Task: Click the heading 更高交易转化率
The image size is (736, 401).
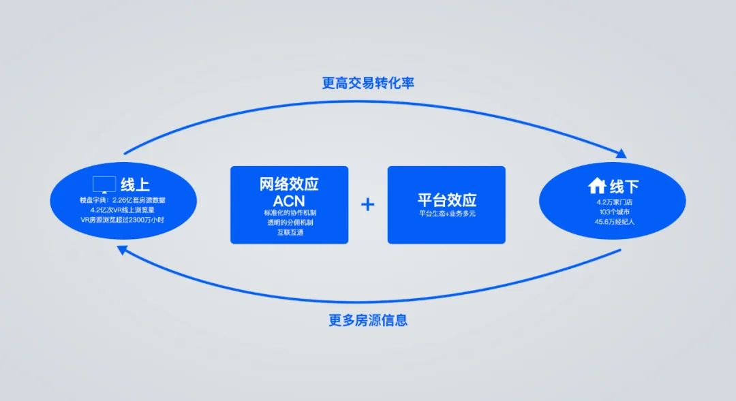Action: click(x=368, y=83)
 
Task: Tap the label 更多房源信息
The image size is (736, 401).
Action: click(x=368, y=321)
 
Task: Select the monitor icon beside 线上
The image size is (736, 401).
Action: click(x=104, y=185)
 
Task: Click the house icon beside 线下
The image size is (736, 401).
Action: click(x=597, y=186)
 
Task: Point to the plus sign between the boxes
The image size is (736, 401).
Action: click(x=368, y=204)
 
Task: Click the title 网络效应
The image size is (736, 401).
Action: click(x=289, y=184)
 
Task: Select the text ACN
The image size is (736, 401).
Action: click(x=289, y=202)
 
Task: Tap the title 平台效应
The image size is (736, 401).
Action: click(x=447, y=199)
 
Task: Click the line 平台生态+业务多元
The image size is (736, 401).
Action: click(x=447, y=213)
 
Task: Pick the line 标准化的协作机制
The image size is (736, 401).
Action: click(x=290, y=212)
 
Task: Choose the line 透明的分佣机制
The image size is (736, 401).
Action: click(x=290, y=223)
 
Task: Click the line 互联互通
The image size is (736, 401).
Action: click(x=290, y=232)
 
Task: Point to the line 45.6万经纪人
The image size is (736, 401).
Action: click(x=615, y=222)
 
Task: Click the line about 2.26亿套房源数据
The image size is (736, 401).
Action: click(x=123, y=199)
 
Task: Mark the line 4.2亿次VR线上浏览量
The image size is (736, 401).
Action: click(x=123, y=210)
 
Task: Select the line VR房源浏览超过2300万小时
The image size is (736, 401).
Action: click(x=123, y=219)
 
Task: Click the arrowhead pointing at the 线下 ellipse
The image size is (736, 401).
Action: click(x=622, y=154)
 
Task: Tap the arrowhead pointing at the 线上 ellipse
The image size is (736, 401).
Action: click(x=122, y=249)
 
